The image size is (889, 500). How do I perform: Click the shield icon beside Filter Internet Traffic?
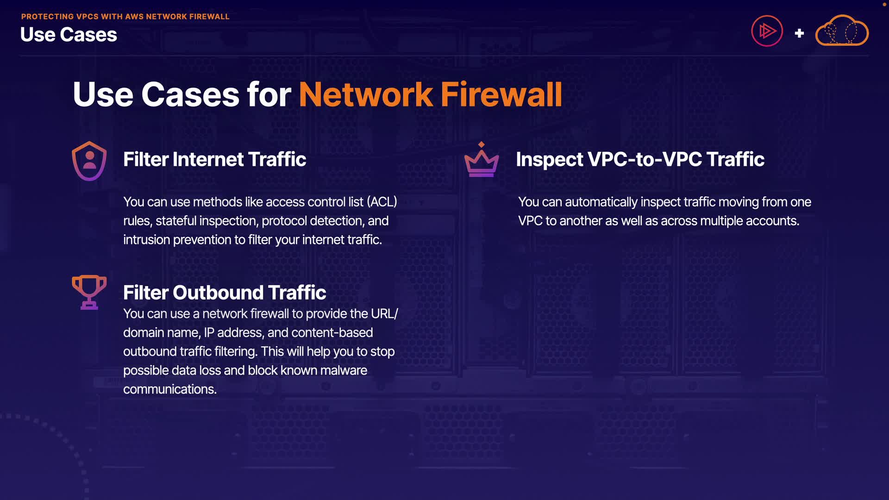(89, 161)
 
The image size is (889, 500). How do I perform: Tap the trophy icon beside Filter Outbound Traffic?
(89, 292)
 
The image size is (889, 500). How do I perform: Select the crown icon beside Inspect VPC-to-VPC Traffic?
(482, 160)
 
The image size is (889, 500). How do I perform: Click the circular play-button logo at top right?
(767, 31)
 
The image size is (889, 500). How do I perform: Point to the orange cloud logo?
(842, 31)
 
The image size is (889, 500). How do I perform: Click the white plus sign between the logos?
(799, 33)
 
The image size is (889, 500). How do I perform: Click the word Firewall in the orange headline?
(501, 94)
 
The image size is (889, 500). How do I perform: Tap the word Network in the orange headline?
(365, 94)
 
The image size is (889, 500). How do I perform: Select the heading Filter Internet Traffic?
(214, 159)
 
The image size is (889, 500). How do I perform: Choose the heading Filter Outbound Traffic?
(225, 293)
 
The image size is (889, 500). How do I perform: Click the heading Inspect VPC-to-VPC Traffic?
(640, 159)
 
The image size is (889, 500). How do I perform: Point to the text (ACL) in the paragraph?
(382, 202)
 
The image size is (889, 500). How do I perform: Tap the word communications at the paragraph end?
(169, 389)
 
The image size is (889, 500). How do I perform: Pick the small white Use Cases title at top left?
(69, 35)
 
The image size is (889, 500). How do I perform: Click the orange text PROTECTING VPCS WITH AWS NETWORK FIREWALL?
(125, 17)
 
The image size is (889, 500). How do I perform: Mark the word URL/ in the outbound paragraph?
(384, 314)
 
